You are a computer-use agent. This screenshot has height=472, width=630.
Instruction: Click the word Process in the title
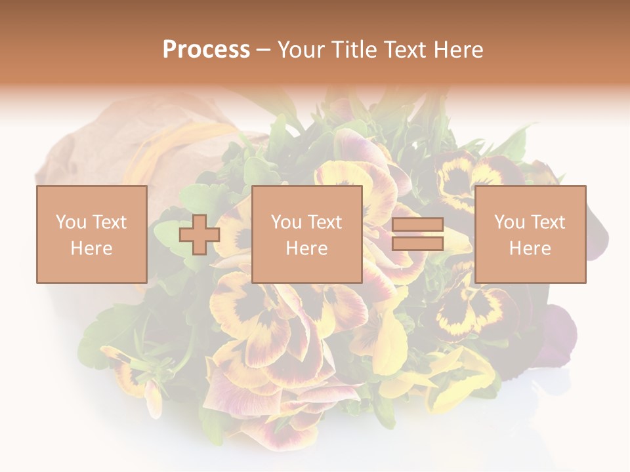pos(206,50)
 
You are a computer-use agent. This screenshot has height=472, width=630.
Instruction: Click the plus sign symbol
pos(199,234)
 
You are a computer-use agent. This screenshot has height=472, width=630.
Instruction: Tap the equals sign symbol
pos(417,234)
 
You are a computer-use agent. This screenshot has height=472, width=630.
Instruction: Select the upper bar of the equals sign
pos(417,225)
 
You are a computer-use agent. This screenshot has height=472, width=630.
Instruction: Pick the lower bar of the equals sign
pos(417,243)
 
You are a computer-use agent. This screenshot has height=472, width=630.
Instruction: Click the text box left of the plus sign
pos(91,234)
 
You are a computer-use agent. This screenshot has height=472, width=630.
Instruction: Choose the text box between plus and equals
pos(306,234)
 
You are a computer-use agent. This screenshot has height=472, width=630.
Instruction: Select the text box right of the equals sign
pos(530,234)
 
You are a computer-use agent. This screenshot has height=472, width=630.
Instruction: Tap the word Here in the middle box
pos(306,248)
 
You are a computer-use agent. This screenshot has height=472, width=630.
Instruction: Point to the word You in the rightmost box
pos(510,222)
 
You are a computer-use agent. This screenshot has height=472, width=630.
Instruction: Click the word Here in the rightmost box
pos(530,248)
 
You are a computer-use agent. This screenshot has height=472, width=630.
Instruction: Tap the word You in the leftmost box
pos(71,222)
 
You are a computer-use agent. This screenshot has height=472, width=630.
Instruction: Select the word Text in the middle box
pos(324,222)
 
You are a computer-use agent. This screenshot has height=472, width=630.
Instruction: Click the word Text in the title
pos(404,50)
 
